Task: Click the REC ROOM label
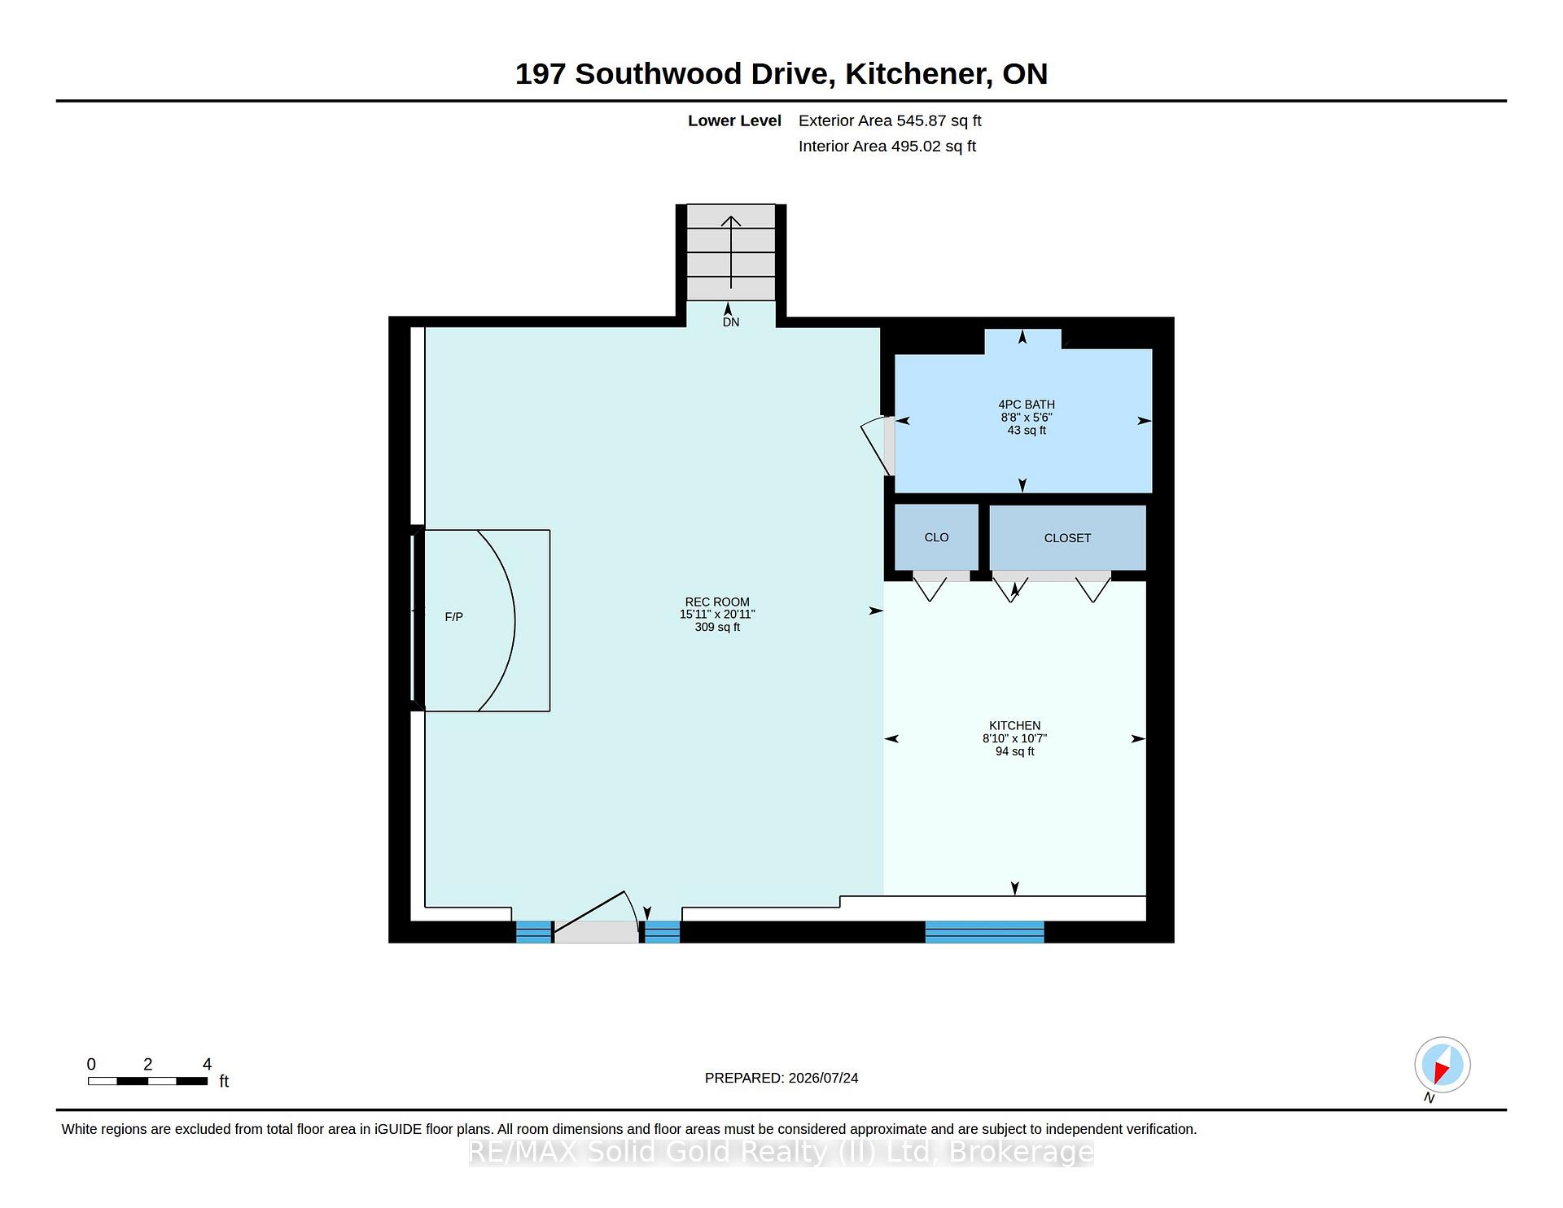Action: [x=717, y=602]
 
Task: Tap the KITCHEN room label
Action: [x=1014, y=725]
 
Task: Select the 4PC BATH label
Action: [x=1027, y=405]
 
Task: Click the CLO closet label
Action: [x=936, y=537]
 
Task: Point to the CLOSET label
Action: [x=1067, y=538]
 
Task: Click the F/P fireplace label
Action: [x=454, y=617]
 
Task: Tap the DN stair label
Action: [x=731, y=322]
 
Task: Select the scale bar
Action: [x=147, y=1081]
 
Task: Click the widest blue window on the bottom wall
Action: [x=984, y=932]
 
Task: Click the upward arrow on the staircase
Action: [x=731, y=252]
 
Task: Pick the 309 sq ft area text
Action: [x=717, y=628]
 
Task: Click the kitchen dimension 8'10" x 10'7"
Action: [x=1014, y=738]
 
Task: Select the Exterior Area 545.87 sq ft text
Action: [x=890, y=120]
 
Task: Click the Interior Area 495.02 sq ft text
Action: [x=887, y=147]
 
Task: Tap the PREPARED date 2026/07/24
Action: [x=823, y=1078]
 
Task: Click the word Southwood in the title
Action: [x=659, y=74]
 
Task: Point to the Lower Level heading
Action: [x=734, y=120]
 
